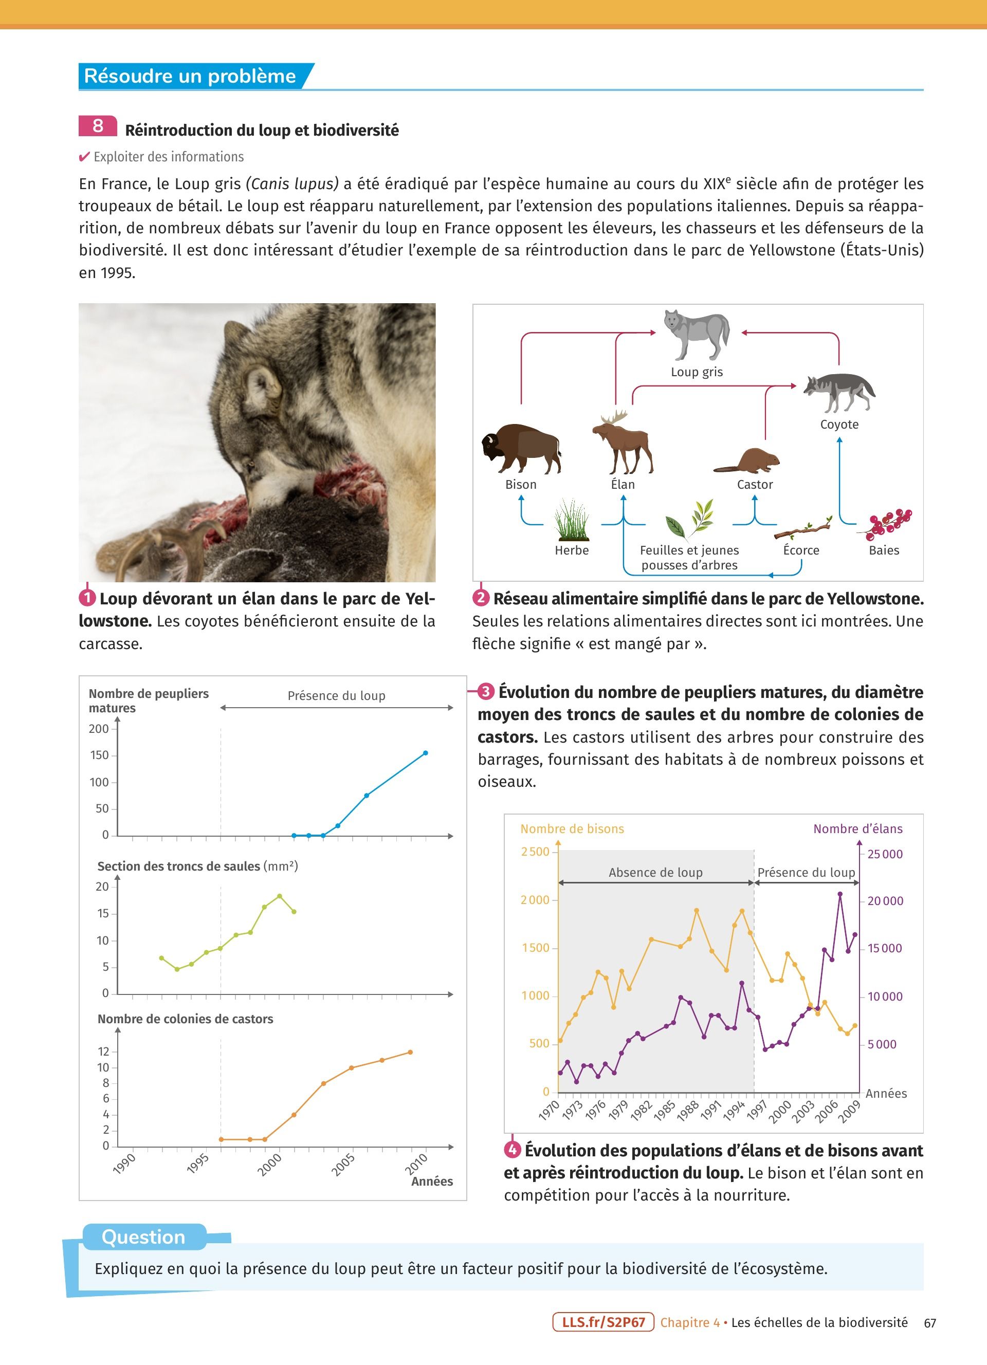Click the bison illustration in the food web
(x=521, y=448)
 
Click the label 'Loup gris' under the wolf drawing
(x=697, y=372)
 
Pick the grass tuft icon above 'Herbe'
(x=572, y=521)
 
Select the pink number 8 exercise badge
(x=98, y=126)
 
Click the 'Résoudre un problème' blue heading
(x=190, y=76)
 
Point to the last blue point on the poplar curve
(x=426, y=753)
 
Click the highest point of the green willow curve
(x=279, y=896)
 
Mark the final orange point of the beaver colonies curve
(x=410, y=1052)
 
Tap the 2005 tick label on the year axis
(x=343, y=1165)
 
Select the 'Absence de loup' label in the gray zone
(x=655, y=873)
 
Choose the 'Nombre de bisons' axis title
(x=572, y=829)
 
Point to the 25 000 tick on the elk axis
(x=885, y=854)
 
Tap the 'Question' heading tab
(x=144, y=1237)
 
